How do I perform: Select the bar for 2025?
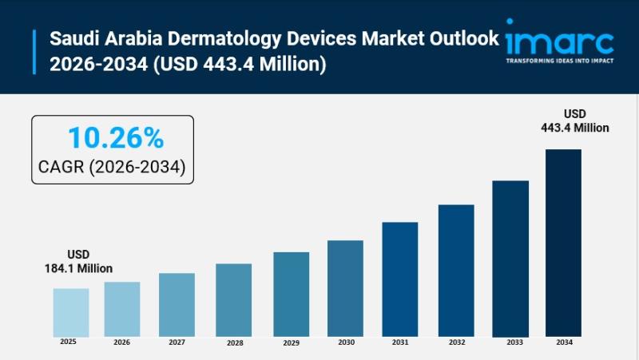[71, 312]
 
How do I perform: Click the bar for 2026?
[122, 309]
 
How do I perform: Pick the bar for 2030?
[345, 288]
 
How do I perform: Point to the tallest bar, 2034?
[563, 243]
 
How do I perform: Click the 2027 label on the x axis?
[177, 342]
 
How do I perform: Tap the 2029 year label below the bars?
[290, 342]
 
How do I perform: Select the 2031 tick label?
[400, 342]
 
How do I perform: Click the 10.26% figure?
[115, 137]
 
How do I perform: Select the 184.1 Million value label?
[78, 268]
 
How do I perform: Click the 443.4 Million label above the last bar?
[575, 128]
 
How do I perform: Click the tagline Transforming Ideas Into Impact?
[559, 59]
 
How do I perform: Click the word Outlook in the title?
[470, 38]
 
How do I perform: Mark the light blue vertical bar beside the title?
[35, 51]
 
